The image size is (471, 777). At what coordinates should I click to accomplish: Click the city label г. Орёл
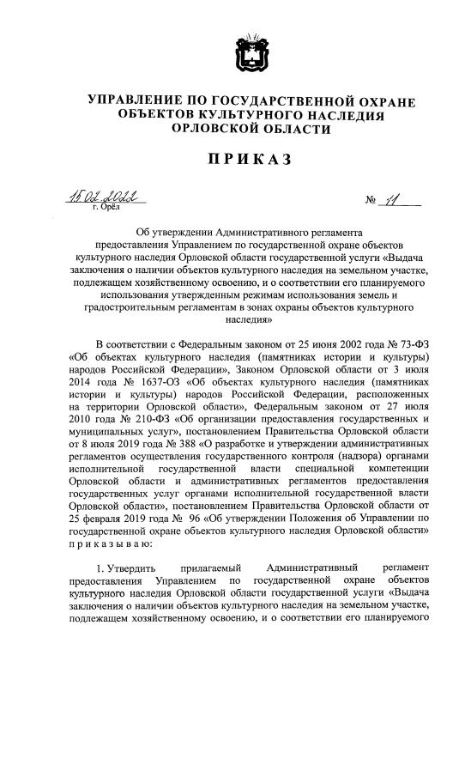[106, 209]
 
